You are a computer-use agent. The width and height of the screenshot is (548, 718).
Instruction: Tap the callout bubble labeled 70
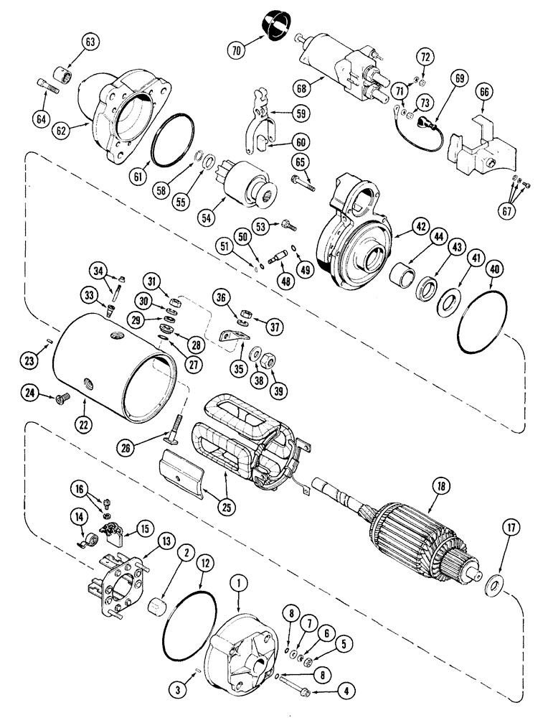pyautogui.click(x=237, y=51)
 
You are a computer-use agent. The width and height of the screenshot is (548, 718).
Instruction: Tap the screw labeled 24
pyautogui.click(x=60, y=393)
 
